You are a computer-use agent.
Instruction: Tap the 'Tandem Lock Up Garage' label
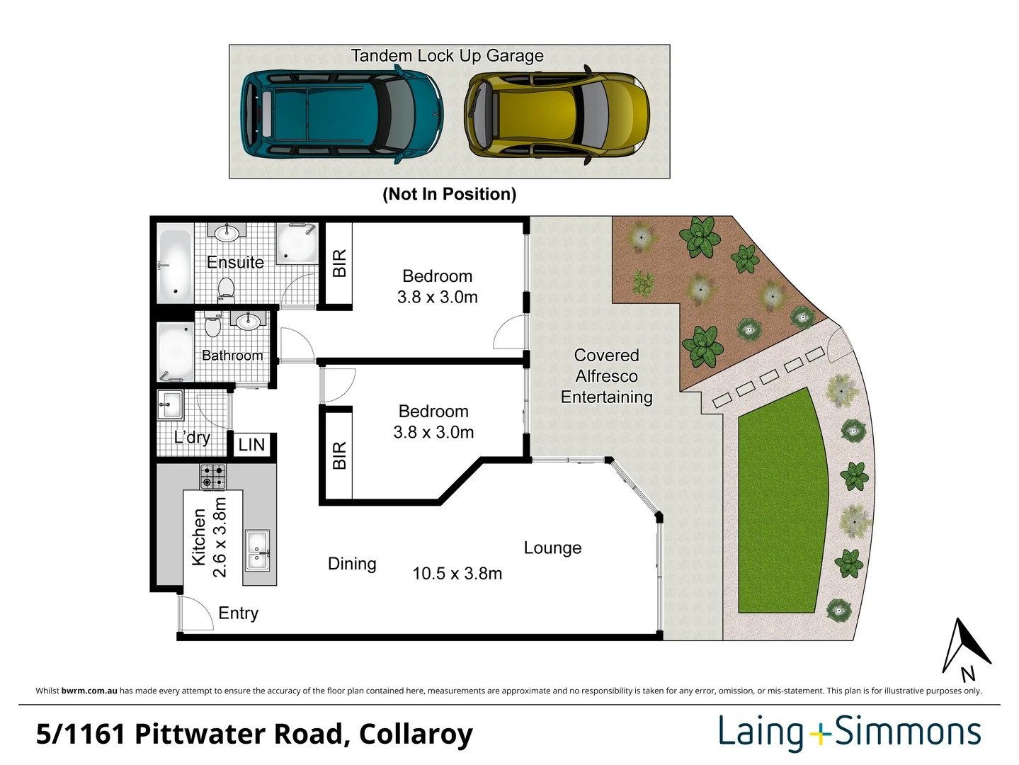pyautogui.click(x=447, y=56)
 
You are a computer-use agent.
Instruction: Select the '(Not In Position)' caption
pyautogui.click(x=449, y=194)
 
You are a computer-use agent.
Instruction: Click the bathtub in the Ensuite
pyautogui.click(x=173, y=263)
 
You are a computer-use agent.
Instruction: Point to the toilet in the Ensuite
pyautogui.click(x=226, y=289)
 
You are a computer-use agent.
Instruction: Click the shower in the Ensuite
pyautogui.click(x=296, y=244)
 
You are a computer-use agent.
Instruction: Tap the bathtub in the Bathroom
pyautogui.click(x=175, y=351)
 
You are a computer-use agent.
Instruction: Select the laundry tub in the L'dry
pyautogui.click(x=170, y=405)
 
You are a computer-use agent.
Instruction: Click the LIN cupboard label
pyautogui.click(x=251, y=445)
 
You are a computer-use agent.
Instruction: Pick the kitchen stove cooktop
pyautogui.click(x=212, y=477)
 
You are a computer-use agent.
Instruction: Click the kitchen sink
pyautogui.click(x=258, y=550)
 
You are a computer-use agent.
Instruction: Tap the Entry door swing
pyautogui.click(x=195, y=613)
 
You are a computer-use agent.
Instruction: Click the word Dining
pyautogui.click(x=352, y=564)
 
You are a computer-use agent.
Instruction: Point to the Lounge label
pyautogui.click(x=552, y=548)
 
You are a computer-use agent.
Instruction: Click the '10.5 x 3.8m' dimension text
pyautogui.click(x=457, y=574)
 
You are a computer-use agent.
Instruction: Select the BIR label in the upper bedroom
pyautogui.click(x=339, y=263)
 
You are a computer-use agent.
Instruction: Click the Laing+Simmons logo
pyautogui.click(x=849, y=732)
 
